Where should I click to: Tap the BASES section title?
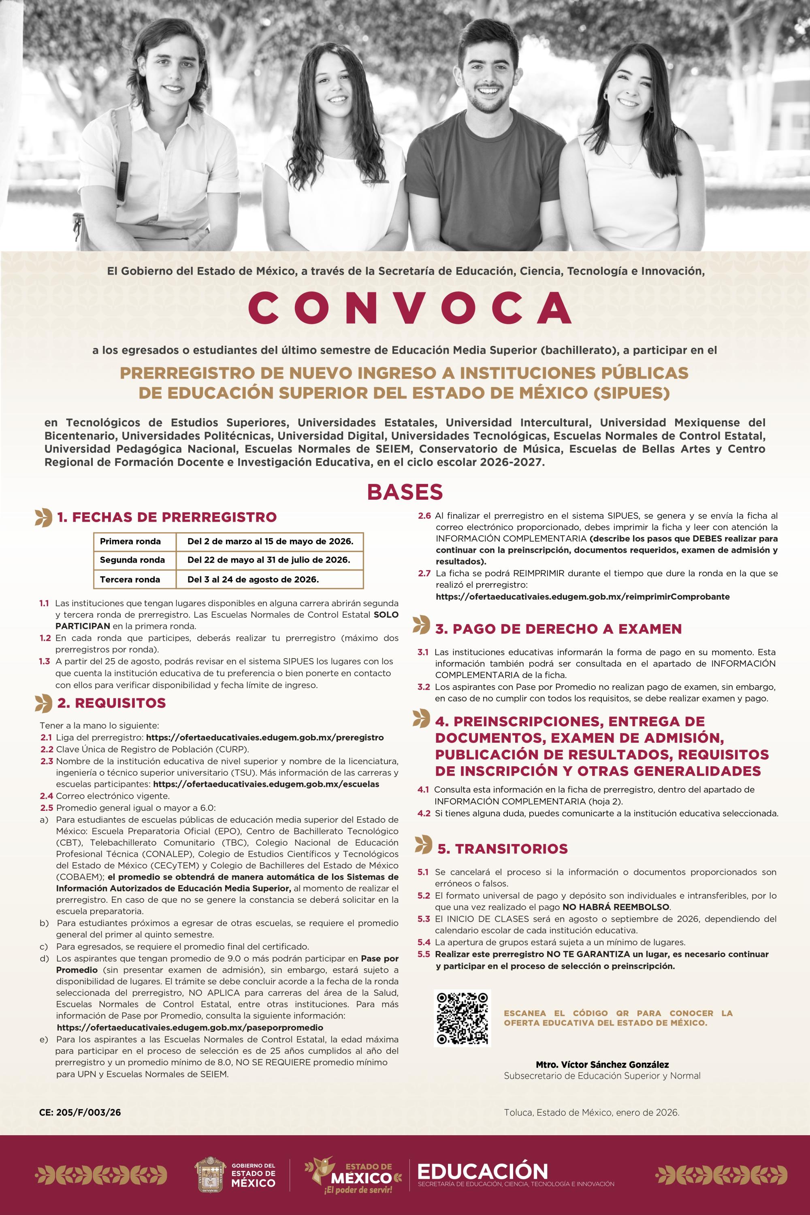[x=405, y=492]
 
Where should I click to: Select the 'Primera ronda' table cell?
[x=130, y=541]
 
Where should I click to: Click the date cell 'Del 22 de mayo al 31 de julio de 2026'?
[x=269, y=560]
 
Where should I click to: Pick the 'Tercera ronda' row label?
[x=130, y=579]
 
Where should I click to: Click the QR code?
[x=463, y=1018]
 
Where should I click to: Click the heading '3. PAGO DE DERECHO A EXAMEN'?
[x=558, y=629]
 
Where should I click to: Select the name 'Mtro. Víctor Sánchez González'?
[x=602, y=1065]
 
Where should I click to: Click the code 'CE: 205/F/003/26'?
[x=80, y=1112]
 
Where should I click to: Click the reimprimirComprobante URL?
[x=583, y=597]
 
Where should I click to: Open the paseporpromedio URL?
[x=190, y=1027]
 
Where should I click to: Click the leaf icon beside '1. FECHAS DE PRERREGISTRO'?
[x=43, y=517]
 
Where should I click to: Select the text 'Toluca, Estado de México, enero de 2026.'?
[x=591, y=1113]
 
